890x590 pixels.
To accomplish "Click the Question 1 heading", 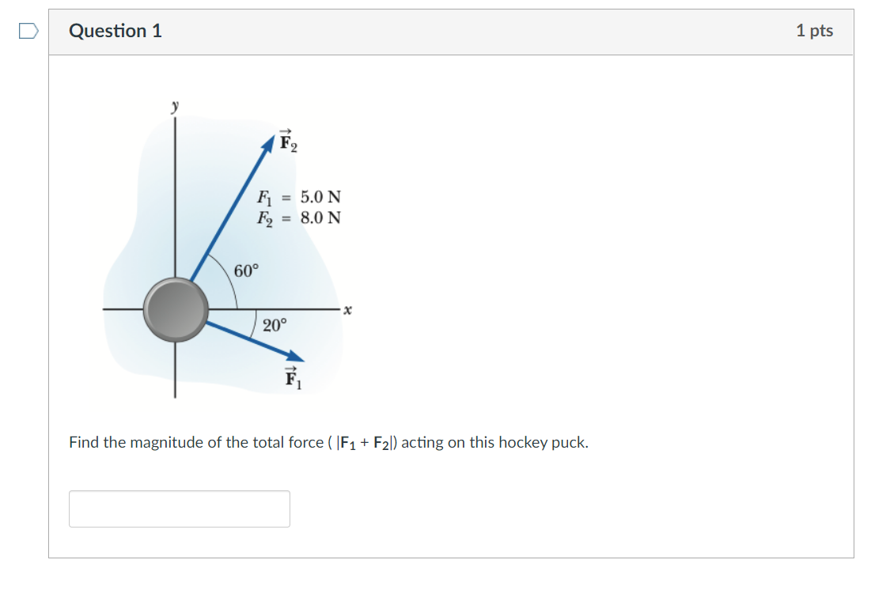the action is pos(116,31).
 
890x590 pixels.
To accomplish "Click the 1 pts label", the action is pos(814,31).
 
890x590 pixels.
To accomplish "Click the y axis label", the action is pos(176,104).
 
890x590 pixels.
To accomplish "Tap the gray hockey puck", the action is pos(176,309).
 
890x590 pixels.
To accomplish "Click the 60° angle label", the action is pos(246,271).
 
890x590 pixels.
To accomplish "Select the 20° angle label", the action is pos(275,324).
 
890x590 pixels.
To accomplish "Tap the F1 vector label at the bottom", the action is pos(293,380).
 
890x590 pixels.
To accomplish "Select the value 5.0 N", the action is pos(320,196).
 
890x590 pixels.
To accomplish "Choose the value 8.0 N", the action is pos(320,217).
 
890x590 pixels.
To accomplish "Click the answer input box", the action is pos(180,509).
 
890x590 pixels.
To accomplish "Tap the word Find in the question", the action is pos(84,443).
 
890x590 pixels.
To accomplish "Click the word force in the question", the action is pos(305,443).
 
